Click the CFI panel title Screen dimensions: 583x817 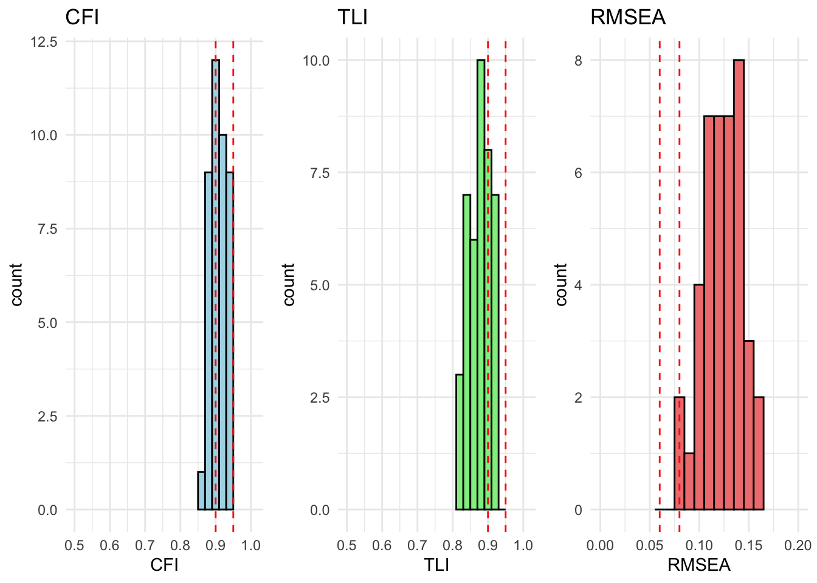tap(82, 17)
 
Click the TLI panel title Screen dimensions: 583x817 tap(353, 17)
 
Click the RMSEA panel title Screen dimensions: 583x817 tap(628, 17)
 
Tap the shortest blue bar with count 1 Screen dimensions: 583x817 tap(201, 491)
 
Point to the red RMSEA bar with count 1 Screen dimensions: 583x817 tap(689, 481)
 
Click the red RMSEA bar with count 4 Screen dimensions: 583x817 tap(699, 397)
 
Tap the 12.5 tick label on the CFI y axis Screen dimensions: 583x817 tap(44, 42)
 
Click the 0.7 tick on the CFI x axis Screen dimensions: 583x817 tap(145, 545)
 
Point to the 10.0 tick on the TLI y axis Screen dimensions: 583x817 tap(316, 60)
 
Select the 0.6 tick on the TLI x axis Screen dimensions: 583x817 tap(382, 545)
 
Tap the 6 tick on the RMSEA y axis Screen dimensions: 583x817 tap(578, 172)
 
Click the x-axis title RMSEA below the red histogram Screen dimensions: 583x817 tap(699, 565)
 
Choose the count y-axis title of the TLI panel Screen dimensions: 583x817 tap(289, 284)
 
